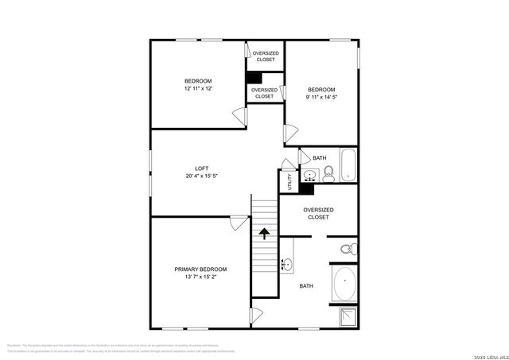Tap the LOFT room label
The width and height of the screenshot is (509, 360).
[x=201, y=168]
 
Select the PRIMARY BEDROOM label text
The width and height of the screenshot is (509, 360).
[x=200, y=269]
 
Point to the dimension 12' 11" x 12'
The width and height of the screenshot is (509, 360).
[x=198, y=89]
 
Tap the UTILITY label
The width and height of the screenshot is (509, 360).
[x=289, y=181]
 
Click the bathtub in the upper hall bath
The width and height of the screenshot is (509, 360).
[x=348, y=165]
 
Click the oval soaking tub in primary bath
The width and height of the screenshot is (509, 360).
[x=344, y=285]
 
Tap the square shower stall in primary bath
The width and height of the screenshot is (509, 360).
[x=345, y=316]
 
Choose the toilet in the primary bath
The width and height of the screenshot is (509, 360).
[x=347, y=250]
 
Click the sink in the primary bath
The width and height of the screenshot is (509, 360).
[x=286, y=264]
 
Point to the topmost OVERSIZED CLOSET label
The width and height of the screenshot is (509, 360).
[x=265, y=56]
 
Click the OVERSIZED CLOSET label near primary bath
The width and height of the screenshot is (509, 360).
[x=318, y=213]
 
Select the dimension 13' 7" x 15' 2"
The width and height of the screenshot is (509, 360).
[x=200, y=277]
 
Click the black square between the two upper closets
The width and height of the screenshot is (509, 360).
[x=254, y=78]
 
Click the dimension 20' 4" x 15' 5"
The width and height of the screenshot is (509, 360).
[x=201, y=176]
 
